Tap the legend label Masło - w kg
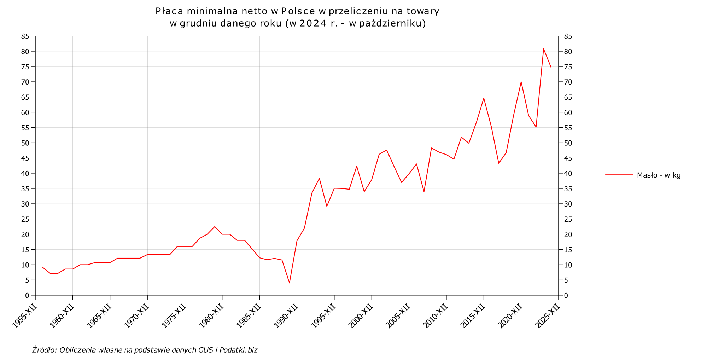pyautogui.click(x=659, y=175)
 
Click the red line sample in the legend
pyautogui.click(x=619, y=175)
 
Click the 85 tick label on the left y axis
pyautogui.click(x=25, y=36)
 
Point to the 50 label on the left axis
pyautogui.click(x=25, y=143)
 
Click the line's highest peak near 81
pyautogui.click(x=543, y=49)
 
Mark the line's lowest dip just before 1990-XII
pyautogui.click(x=289, y=283)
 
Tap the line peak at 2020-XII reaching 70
pyautogui.click(x=521, y=82)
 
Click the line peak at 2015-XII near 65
pyautogui.click(x=484, y=98)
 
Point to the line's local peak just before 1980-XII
pyautogui.click(x=215, y=227)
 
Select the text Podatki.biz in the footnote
pyautogui.click(x=238, y=350)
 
